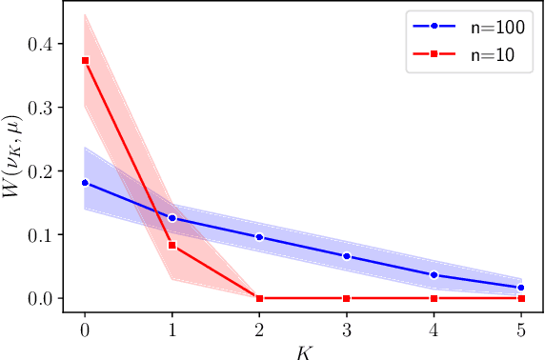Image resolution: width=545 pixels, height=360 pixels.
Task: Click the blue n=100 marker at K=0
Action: [85, 182]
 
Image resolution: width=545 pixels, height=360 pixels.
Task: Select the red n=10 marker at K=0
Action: [85, 61]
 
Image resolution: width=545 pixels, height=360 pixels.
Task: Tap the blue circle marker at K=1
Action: [172, 218]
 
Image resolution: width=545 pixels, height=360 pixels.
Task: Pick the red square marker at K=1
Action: [172, 246]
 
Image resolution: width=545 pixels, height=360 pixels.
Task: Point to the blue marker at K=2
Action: [259, 237]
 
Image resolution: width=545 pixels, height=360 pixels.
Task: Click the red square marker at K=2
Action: [259, 298]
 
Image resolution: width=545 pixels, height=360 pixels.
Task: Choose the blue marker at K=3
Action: [347, 256]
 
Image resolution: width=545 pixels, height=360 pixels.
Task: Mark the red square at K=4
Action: [434, 298]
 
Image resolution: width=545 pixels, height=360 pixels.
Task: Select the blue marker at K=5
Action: [521, 288]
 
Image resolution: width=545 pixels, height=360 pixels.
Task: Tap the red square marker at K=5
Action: [521, 298]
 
